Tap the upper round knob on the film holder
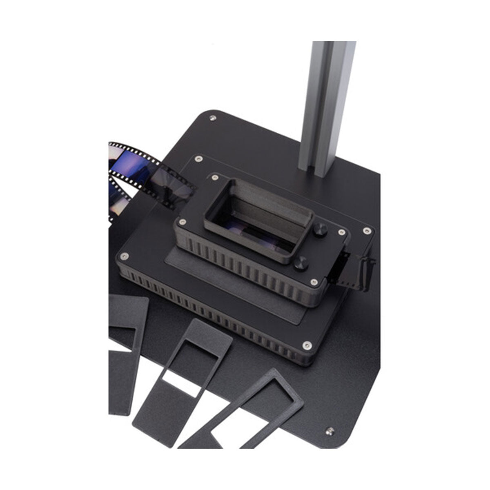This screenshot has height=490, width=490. pyautogui.click(x=320, y=231)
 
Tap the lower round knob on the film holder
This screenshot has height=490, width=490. pyautogui.click(x=301, y=263)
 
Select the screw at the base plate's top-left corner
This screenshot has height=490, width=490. pyautogui.click(x=212, y=118)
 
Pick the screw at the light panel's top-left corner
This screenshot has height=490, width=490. pyautogui.click(x=198, y=158)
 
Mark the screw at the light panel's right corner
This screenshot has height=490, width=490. pyautogui.click(x=366, y=231)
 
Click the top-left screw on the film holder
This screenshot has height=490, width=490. pyautogui.click(x=214, y=178)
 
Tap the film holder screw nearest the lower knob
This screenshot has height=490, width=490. pyautogui.click(x=314, y=282)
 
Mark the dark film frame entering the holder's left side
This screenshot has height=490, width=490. pyautogui.click(x=174, y=186)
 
